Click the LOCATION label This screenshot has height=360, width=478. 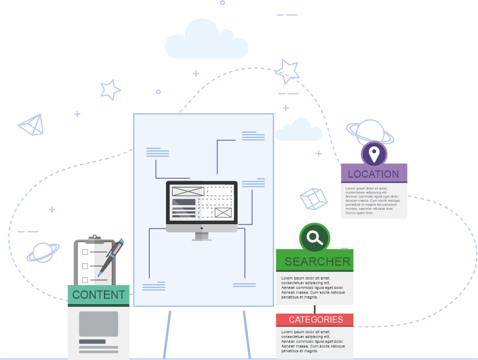point(373,174)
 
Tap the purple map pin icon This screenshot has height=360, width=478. point(373,153)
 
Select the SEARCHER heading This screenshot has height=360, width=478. point(317,261)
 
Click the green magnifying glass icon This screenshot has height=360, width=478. point(315,238)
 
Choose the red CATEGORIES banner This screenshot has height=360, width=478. point(315,320)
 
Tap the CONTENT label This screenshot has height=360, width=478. point(98,295)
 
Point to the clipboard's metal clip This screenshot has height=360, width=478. point(95,239)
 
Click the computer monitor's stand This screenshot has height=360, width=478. point(202,236)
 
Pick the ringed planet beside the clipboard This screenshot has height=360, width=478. point(43,253)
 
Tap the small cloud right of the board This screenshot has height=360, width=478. point(299,130)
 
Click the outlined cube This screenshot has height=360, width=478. point(313,199)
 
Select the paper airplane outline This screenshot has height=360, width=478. point(32,125)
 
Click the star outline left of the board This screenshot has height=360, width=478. point(110,89)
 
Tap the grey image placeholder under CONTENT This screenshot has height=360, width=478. point(98,324)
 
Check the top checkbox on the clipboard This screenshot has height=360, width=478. point(85,252)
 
